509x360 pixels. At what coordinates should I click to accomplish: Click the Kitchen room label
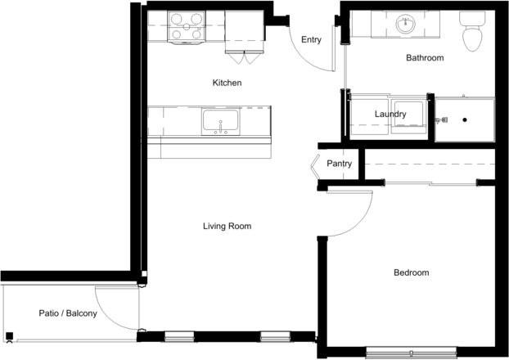coord(227,83)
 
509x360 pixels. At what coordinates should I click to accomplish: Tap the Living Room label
coord(227,226)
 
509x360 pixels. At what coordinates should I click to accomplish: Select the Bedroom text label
coord(412,272)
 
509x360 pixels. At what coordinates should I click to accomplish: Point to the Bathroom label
coord(425,58)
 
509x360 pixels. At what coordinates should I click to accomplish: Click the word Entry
coord(311,39)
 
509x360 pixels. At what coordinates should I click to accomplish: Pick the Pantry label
coord(340,164)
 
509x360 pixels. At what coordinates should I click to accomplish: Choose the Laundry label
coord(390,115)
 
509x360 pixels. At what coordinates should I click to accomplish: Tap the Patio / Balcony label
coord(68,313)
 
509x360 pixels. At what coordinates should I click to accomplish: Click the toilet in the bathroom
coord(472,31)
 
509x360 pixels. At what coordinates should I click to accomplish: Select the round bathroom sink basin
coord(405,24)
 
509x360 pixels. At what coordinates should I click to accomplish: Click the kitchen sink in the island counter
coord(221,122)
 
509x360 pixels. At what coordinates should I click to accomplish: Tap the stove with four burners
coord(187,27)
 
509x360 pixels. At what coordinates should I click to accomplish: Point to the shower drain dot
coord(465,119)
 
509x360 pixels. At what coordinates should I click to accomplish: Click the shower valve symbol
coord(441,120)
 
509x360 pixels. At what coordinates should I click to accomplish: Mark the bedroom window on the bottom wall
coord(412,353)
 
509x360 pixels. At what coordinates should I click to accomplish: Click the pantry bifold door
coord(314,167)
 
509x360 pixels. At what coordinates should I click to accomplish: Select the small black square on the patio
coord(10,336)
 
